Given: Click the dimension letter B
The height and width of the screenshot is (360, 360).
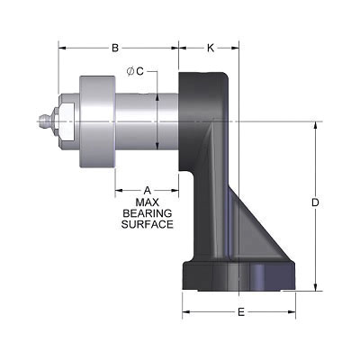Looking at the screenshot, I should coord(115,48).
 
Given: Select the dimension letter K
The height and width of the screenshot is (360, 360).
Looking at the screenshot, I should coord(210,48).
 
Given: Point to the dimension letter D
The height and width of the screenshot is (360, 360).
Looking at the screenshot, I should coord(316,203).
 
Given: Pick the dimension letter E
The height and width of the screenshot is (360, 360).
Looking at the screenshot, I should coord(241,312).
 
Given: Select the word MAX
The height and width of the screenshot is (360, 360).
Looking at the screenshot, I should coord(147,202).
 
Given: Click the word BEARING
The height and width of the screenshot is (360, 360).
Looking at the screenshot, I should coord(147,213).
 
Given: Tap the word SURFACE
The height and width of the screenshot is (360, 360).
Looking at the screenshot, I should coord(147,224).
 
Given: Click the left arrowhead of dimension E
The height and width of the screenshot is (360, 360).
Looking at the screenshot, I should coord(186,312).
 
